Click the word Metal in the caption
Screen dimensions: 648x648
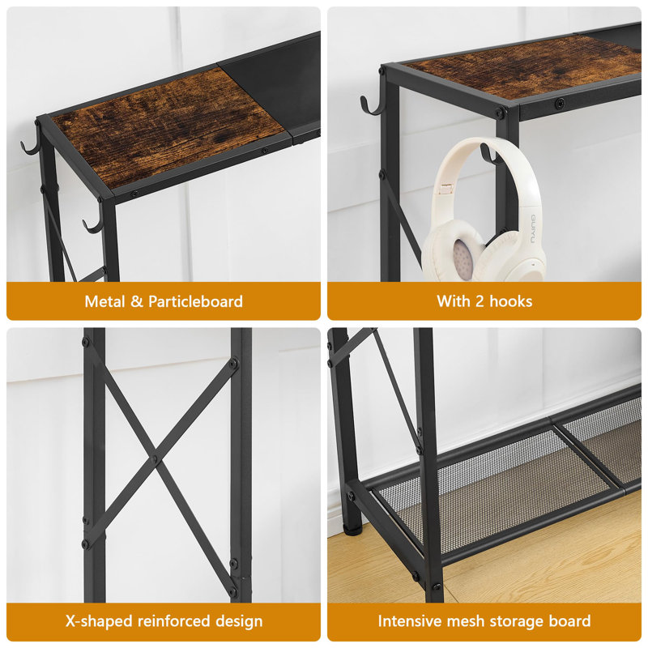coord(104,301)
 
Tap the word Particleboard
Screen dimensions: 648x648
coord(195,301)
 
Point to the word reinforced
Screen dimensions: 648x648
coord(178,622)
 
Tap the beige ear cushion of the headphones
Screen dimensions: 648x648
coord(462,258)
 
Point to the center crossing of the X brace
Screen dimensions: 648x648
coord(154,458)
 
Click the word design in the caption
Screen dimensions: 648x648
coord(240,622)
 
